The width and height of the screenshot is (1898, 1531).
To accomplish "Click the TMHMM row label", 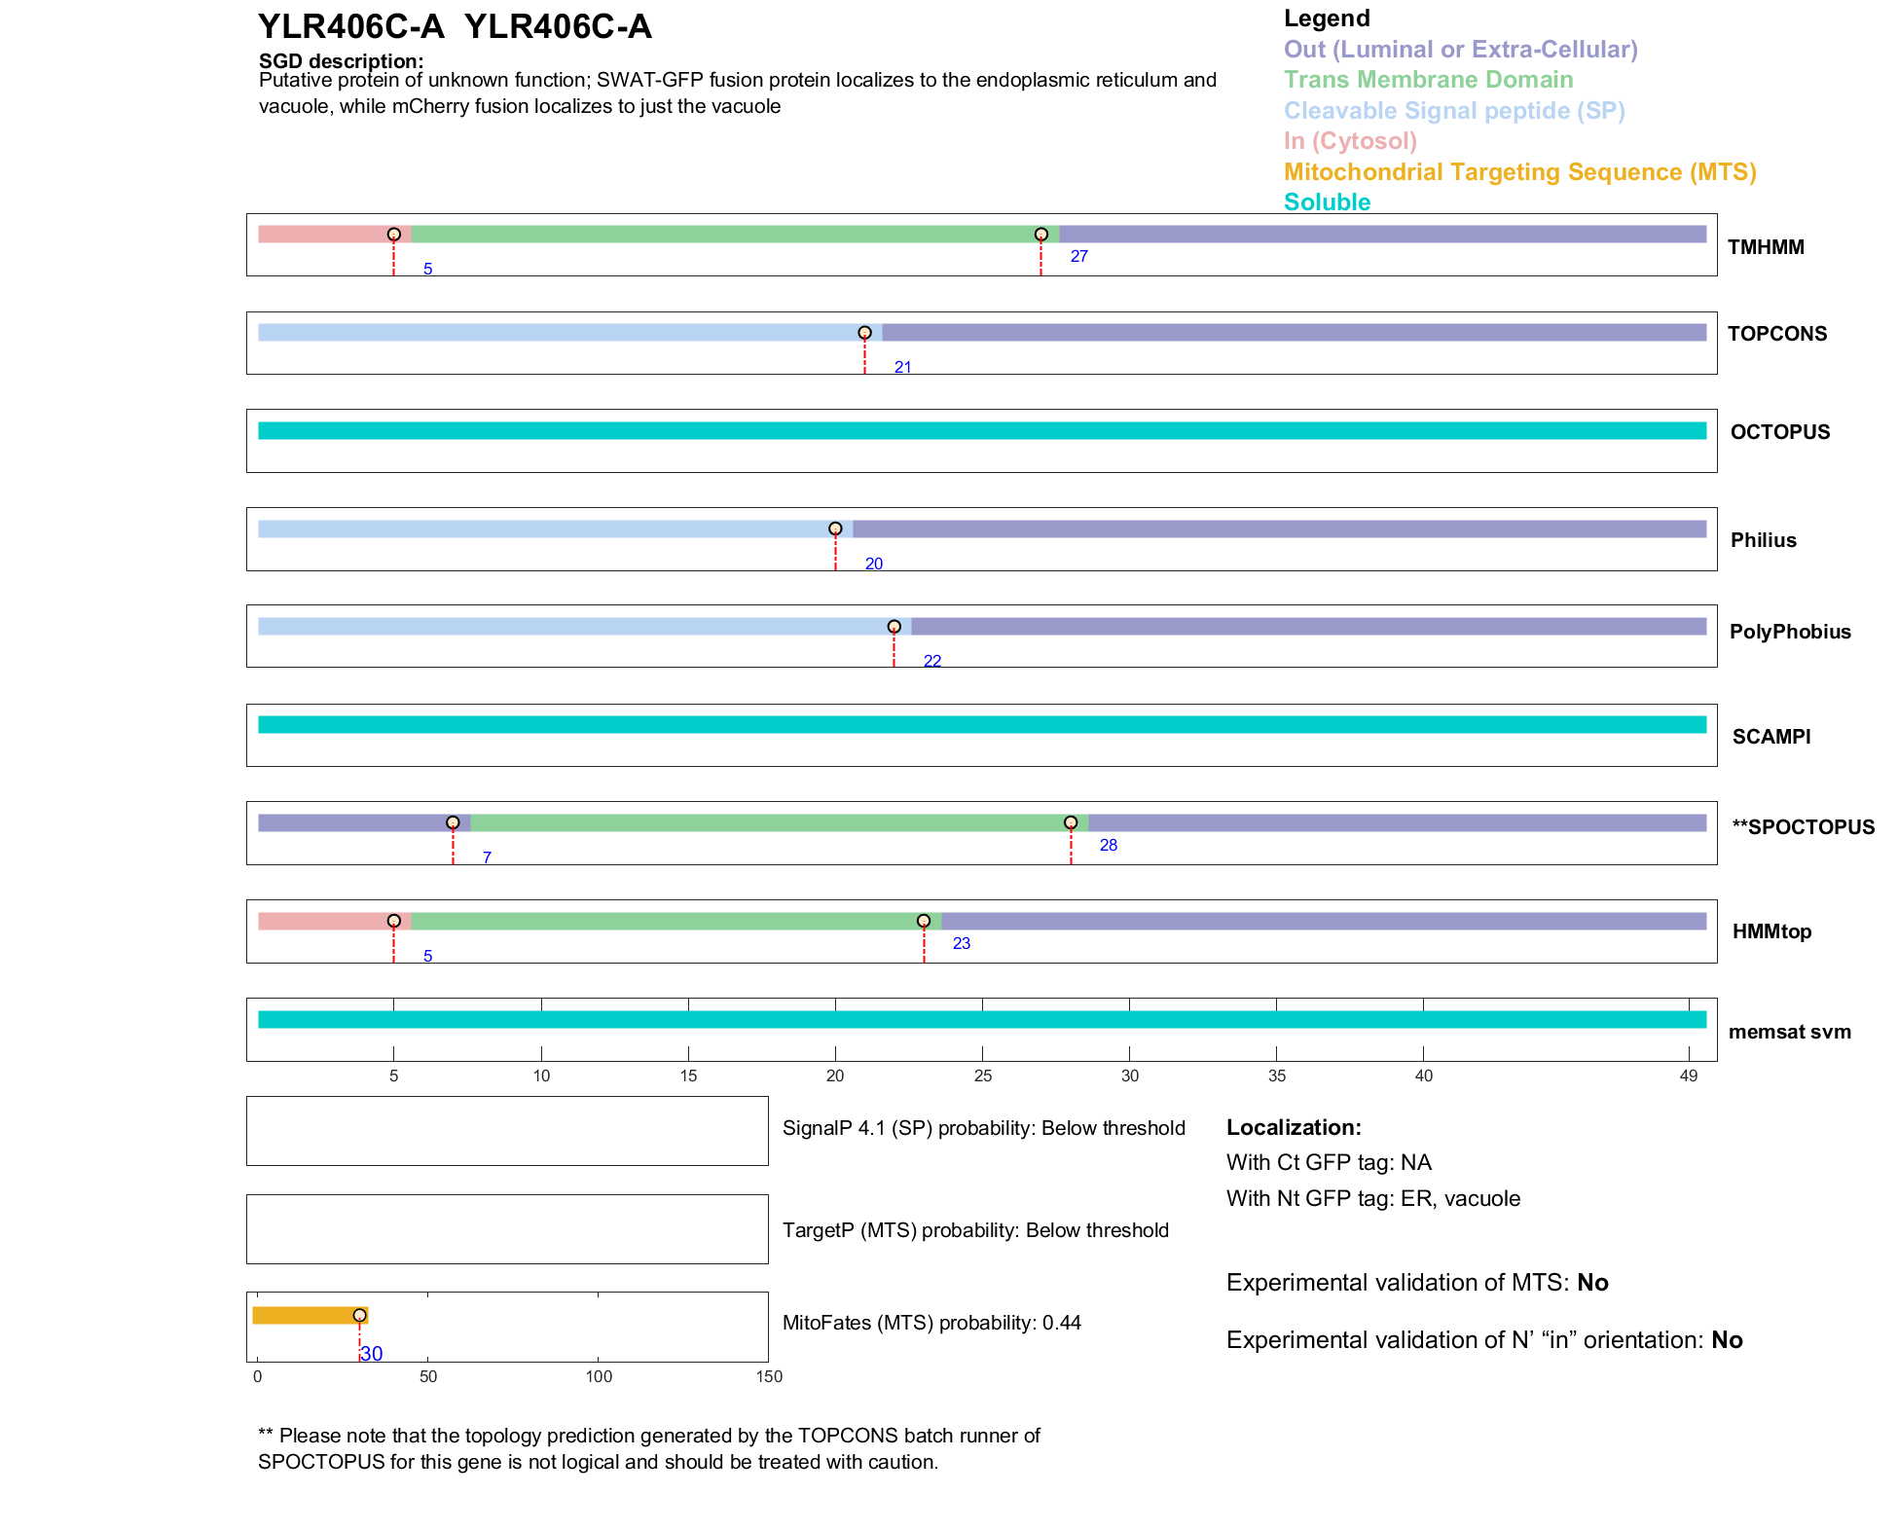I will (x=1765, y=247).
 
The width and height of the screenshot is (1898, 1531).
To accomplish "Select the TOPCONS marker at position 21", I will (x=864, y=333).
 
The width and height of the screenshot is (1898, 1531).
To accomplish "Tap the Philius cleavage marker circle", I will (x=835, y=529).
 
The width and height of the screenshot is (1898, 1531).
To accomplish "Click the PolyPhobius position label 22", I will (x=931, y=661).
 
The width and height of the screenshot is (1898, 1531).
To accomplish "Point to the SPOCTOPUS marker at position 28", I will (x=1071, y=822).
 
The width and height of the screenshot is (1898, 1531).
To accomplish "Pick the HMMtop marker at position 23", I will (x=924, y=921).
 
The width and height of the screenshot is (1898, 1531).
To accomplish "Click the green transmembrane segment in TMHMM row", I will (x=725, y=235).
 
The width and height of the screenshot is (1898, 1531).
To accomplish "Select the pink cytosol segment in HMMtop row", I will (x=324, y=921).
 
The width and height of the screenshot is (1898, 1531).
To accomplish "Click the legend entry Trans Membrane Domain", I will (x=1428, y=80).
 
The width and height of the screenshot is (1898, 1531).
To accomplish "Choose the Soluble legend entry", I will (x=1327, y=202).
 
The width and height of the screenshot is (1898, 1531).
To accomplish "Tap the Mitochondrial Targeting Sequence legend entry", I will (x=1519, y=172).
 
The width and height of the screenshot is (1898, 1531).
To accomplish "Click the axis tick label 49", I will (x=1688, y=1075).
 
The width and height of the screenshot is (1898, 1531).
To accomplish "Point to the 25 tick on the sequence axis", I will (x=983, y=1075).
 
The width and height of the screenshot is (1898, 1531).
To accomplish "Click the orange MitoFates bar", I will (x=306, y=1316).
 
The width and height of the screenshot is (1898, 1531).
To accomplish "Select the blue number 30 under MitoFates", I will (x=372, y=1354).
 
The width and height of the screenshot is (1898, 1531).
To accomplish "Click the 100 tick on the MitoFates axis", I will (x=599, y=1376).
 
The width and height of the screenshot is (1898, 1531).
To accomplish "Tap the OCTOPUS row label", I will (x=1779, y=432).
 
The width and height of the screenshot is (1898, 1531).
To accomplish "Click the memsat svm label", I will (x=1789, y=1032).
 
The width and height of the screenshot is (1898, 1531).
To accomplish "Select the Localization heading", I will (x=1294, y=1128).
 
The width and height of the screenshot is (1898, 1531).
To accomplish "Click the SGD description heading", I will (x=341, y=61).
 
